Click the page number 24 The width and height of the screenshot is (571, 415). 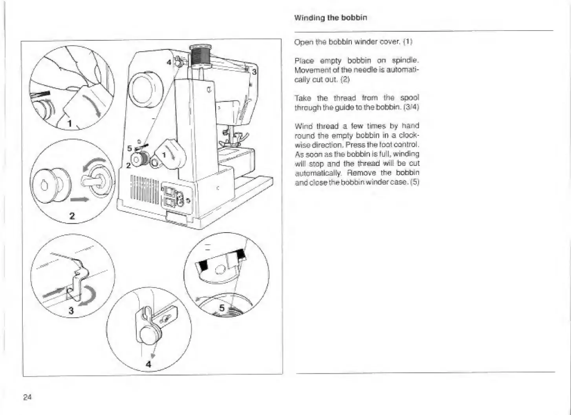pos(27,397)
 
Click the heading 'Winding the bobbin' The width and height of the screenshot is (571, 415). pos(331,18)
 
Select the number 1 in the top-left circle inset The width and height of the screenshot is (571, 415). pos(70,124)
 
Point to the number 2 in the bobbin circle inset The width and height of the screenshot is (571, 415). pos(72,216)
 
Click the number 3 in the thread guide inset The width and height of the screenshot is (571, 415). pos(71,311)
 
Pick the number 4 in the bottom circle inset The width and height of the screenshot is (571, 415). pos(148,364)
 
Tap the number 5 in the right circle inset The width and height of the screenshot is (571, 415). pos(222,308)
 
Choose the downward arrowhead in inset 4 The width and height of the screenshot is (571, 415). pos(153,356)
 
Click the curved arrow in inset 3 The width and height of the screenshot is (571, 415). pos(88,297)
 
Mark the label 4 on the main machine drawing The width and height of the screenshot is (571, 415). pos(168,62)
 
